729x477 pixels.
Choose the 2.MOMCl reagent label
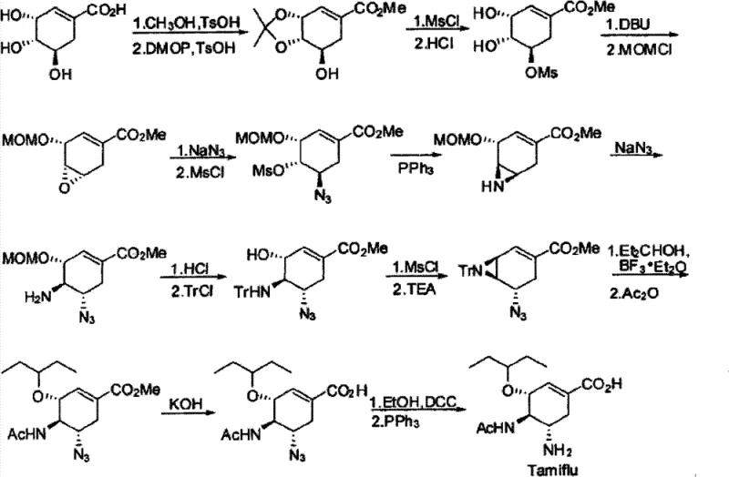[633, 54]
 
